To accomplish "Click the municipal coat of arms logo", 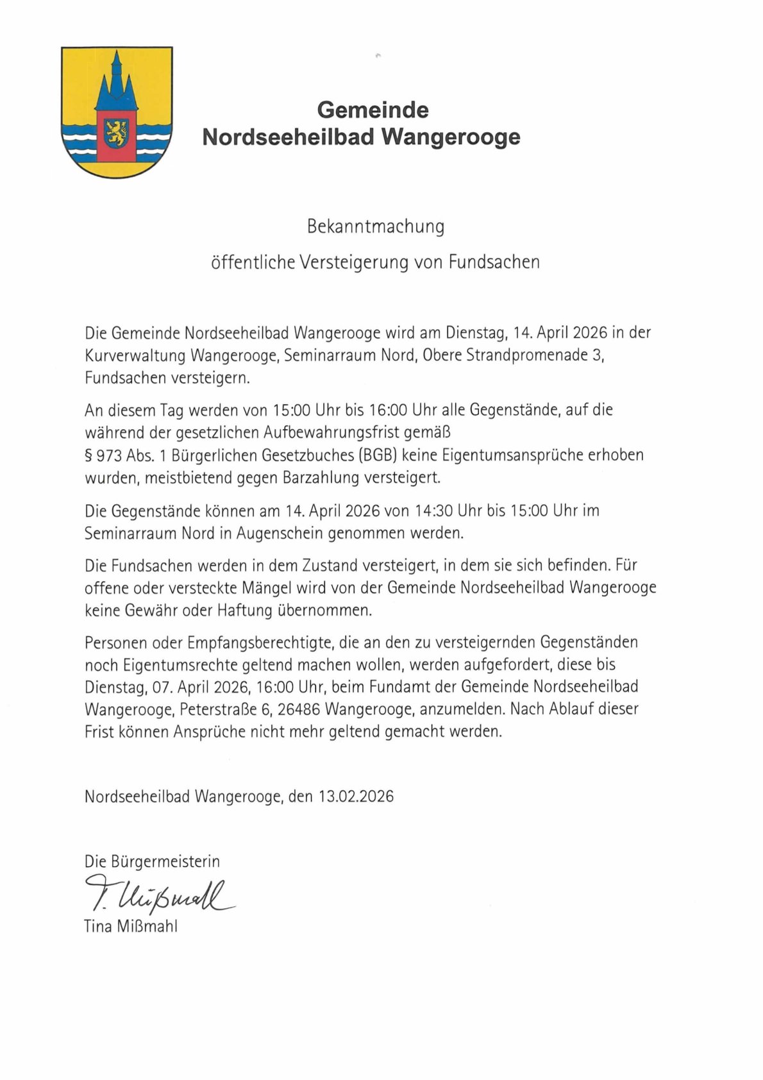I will point(117,112).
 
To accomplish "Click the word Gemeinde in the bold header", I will point(373,110).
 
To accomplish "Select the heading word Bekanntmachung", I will point(376,226).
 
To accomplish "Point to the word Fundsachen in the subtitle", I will point(494,262).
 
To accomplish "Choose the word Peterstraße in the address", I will point(219,709).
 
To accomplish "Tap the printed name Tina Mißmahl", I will point(131,927).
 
